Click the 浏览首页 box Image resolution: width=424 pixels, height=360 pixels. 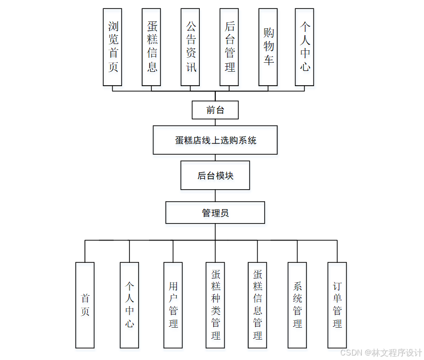pyautogui.click(x=113, y=47)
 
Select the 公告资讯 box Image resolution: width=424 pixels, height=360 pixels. pyautogui.click(x=191, y=47)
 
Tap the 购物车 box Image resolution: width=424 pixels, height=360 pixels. pyautogui.click(x=269, y=47)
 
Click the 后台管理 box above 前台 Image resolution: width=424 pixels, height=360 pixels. pyautogui.click(x=229, y=47)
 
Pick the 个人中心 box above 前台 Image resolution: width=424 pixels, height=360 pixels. pyautogui.click(x=304, y=47)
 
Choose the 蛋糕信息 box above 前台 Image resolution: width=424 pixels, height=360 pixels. pyautogui.click(x=151, y=47)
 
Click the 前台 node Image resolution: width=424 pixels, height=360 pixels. pyautogui.click(x=215, y=110)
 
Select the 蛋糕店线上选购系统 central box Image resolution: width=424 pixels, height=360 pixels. pyautogui.click(x=215, y=140)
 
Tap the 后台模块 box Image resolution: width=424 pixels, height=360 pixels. pyautogui.click(x=215, y=175)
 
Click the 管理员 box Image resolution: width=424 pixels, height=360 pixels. pyautogui.click(x=215, y=213)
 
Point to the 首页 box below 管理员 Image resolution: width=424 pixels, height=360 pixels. pyautogui.click(x=85, y=305)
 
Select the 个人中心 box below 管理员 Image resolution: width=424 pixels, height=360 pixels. pyautogui.click(x=130, y=305)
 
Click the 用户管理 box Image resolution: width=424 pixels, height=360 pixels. pyautogui.click(x=173, y=305)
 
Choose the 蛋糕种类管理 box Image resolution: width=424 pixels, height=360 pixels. pyautogui.click(x=216, y=305)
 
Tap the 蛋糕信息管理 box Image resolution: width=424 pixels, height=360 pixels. pyautogui.click(x=257, y=305)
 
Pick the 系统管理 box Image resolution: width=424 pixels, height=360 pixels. pyautogui.click(x=297, y=305)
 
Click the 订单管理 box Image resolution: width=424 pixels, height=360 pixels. pyautogui.click(x=337, y=305)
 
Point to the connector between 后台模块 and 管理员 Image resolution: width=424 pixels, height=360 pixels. pyautogui.click(x=215, y=196)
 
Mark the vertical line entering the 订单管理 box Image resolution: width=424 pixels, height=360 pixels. pyautogui.click(x=337, y=251)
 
